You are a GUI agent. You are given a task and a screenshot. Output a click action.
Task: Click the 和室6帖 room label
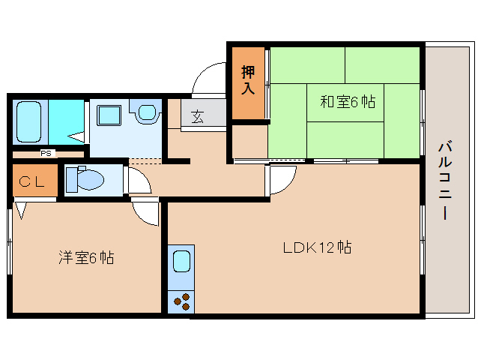pos(348,101)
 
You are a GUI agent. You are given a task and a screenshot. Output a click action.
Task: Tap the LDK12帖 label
pos(317,247)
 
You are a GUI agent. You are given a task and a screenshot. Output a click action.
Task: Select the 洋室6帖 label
pos(86,258)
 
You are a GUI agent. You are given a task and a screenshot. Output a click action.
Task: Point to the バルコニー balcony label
pos(445,180)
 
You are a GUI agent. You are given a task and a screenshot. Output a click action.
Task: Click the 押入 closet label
pos(248,79)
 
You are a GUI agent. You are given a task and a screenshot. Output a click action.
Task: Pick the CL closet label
pos(31,182)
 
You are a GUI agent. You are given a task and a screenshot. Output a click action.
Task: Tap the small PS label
pos(46,153)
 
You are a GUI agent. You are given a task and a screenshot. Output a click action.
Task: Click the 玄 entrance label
pos(198,116)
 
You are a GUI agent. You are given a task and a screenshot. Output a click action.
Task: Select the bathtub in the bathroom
pos(29,122)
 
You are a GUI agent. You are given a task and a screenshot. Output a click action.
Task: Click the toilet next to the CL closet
pos(85,179)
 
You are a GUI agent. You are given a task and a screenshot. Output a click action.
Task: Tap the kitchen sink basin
pos(181,261)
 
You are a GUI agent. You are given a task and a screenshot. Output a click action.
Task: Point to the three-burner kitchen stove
pos(181,301)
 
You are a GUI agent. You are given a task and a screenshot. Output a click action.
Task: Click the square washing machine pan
pos(109,115)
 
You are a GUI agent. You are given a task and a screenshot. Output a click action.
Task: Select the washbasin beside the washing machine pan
pos(145,111)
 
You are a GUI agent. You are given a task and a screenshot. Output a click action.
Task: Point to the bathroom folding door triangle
pos(76,137)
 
